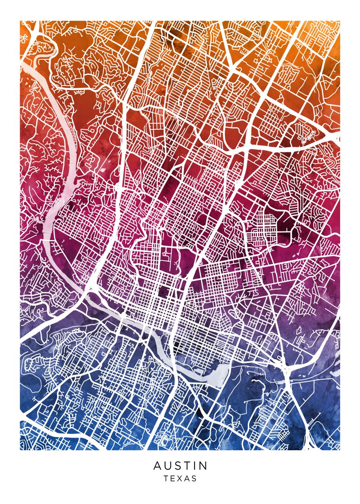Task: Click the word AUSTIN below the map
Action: tap(180, 466)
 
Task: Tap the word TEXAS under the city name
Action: tap(180, 478)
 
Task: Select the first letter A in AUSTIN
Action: tap(157, 466)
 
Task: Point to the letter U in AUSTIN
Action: tap(168, 466)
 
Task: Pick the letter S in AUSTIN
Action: tap(178, 466)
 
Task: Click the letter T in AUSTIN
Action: tap(187, 466)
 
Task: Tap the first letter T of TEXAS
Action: tap(166, 478)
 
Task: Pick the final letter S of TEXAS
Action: tap(194, 478)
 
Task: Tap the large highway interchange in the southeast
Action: tap(289, 370)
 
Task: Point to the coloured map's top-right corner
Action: tap(340, 21)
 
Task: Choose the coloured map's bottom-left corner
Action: tap(20, 450)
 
